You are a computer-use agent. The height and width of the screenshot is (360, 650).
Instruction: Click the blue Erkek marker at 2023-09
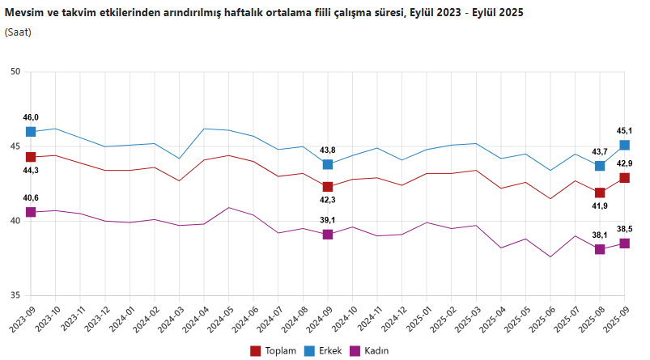click(31, 132)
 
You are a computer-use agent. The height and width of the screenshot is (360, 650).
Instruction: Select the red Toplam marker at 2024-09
click(328, 187)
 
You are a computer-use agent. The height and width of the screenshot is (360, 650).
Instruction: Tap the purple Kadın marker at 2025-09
click(625, 244)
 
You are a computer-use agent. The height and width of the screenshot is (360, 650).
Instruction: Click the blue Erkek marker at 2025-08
click(600, 166)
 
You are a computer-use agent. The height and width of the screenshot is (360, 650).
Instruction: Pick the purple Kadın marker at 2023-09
click(31, 212)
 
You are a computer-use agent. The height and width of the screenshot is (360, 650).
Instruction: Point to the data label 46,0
click(31, 117)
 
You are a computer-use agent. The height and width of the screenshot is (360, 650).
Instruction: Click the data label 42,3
click(328, 201)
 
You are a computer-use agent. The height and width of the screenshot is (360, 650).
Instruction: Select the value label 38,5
click(625, 229)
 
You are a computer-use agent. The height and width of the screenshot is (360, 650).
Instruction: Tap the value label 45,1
click(625, 130)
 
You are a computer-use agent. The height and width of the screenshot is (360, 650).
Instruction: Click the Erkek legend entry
click(324, 350)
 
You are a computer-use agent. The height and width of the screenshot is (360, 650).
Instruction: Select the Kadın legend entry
click(370, 350)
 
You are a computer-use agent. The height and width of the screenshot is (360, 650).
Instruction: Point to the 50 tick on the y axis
click(15, 72)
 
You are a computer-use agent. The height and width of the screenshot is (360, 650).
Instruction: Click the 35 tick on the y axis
click(15, 295)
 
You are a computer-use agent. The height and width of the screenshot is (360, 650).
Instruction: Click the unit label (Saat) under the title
click(19, 32)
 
